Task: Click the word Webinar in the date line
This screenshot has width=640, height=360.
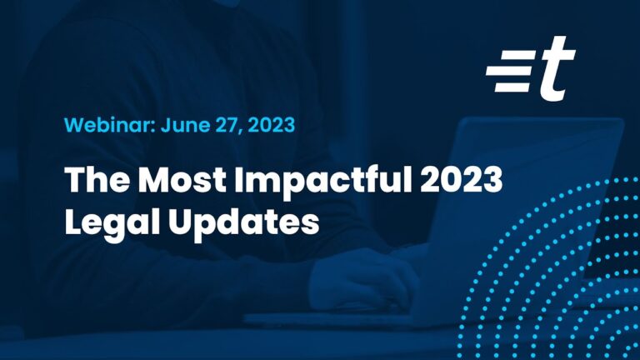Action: (x=107, y=124)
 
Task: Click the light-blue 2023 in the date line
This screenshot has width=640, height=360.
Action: (x=271, y=124)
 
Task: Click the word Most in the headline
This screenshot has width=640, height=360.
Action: (x=182, y=179)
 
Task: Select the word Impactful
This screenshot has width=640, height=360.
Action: (x=323, y=182)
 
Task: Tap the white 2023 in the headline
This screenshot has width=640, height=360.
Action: (x=461, y=179)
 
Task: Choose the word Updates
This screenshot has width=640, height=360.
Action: (x=244, y=223)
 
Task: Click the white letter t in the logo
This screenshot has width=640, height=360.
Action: (x=557, y=68)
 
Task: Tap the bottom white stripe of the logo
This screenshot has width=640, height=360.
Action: (x=512, y=87)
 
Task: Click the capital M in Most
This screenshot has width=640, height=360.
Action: (x=156, y=179)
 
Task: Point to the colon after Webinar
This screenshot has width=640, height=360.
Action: (x=154, y=127)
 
